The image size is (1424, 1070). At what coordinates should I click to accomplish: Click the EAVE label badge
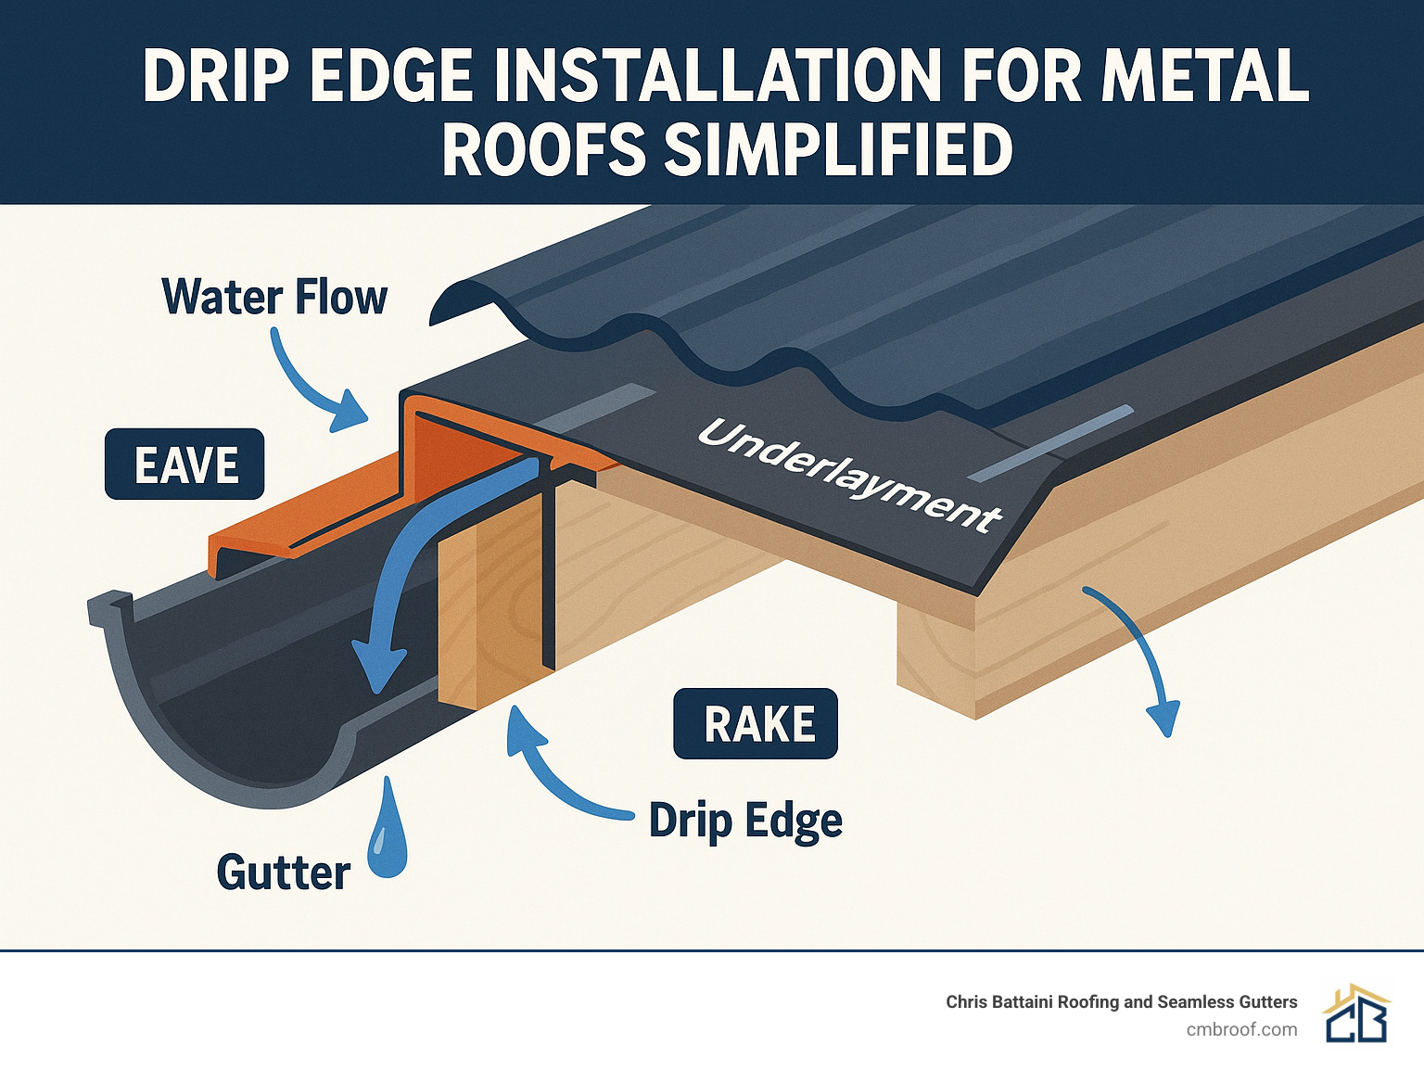pos(184,464)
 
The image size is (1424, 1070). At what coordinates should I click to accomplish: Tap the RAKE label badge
pos(756,723)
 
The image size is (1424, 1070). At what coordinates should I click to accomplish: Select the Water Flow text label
pos(274,297)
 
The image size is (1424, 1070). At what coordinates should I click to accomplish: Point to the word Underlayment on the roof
pos(848,475)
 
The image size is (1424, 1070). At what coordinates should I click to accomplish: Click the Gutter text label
pos(283,873)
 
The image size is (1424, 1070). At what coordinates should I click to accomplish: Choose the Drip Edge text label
pos(745,821)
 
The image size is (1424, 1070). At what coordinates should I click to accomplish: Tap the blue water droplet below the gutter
pos(387,834)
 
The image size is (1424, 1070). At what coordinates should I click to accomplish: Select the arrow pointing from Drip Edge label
pos(556,770)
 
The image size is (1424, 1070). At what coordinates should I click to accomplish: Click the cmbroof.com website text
pos(1241,1029)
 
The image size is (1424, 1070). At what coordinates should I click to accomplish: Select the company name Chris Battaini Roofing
pos(1121,1001)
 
